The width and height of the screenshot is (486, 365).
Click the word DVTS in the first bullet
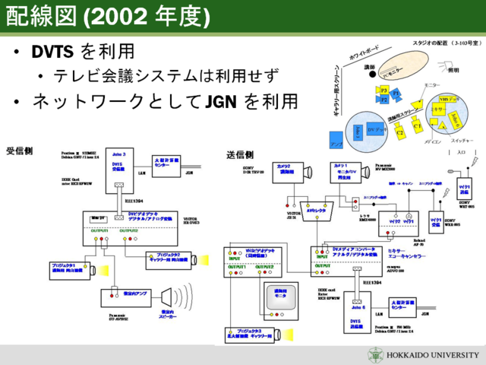[x=51, y=52]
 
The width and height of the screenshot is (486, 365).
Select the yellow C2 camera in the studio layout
[x=401, y=133]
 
